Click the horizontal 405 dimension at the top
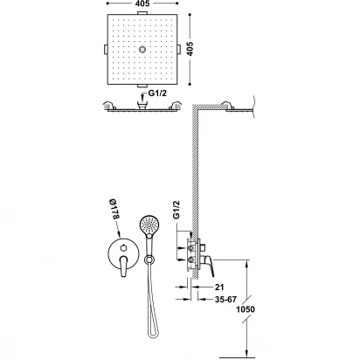pyautogui.click(x=142, y=3)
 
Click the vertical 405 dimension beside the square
pyautogui.click(x=190, y=49)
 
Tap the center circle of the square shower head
pyautogui.click(x=142, y=50)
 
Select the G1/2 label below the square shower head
pyautogui.click(x=157, y=93)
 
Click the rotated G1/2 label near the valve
pyautogui.click(x=177, y=210)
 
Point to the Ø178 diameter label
pyautogui.click(x=114, y=209)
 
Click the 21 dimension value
pyautogui.click(x=219, y=287)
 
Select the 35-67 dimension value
pyautogui.click(x=225, y=300)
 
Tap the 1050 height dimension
pyautogui.click(x=246, y=309)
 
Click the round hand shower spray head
pyautogui.click(x=149, y=225)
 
